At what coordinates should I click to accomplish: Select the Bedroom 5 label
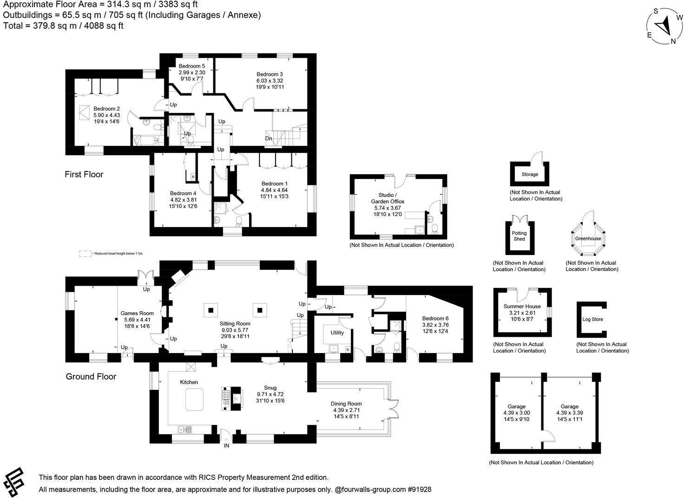coord(191,66)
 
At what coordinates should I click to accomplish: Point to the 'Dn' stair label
coord(269,138)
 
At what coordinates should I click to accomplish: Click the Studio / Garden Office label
coord(387,198)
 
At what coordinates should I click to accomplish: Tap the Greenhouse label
coord(588,238)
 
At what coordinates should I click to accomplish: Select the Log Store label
coord(592,320)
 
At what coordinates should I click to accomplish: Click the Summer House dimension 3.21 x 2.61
coord(522,313)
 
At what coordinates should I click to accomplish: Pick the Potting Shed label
coord(519,236)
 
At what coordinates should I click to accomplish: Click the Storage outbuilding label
coord(530,174)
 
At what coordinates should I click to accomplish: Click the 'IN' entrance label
coord(227,446)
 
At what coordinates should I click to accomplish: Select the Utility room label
coord(337,333)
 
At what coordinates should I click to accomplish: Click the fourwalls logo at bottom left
coord(15,482)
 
